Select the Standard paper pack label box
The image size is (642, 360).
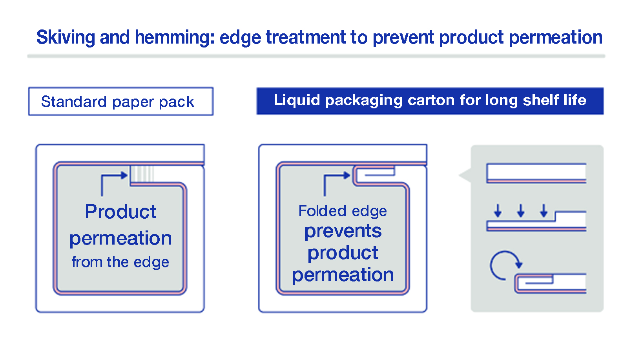120,101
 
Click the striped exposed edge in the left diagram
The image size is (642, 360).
142,174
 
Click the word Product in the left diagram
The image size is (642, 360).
120,212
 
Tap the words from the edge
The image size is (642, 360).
120,262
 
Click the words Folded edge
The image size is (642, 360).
342,211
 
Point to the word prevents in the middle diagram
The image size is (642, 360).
343,231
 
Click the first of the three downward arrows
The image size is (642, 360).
498,210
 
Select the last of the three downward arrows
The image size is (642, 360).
544,210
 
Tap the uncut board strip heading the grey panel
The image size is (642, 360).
536,173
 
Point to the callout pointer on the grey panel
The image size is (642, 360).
465,175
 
